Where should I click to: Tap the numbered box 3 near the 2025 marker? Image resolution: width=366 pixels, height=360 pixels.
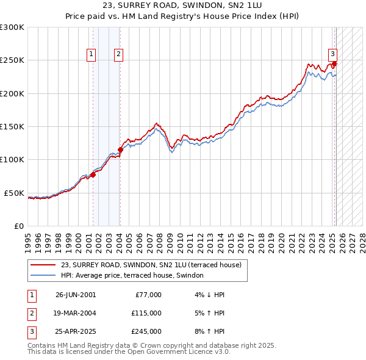point(333,54)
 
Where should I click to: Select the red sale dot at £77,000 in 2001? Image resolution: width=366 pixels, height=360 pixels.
point(93,175)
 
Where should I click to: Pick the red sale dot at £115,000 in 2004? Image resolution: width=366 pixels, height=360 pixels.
point(120,149)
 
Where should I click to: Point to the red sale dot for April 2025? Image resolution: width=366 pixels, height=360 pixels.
point(335,63)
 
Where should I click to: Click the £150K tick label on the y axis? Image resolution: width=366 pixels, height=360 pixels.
point(12,126)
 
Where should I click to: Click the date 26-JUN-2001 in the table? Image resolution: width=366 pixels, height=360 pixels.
point(76,295)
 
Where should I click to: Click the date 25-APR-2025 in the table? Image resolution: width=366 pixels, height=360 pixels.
point(76,331)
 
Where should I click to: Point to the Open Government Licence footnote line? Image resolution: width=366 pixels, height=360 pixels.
point(129,351)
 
